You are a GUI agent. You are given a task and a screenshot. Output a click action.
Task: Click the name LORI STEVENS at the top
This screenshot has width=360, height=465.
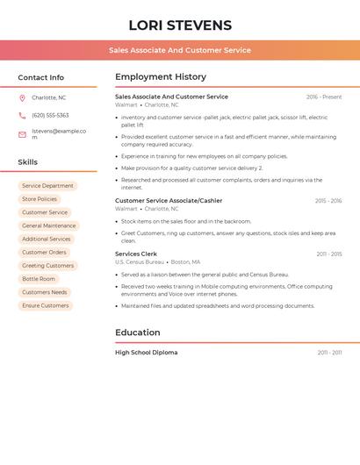pyautogui.click(x=180, y=25)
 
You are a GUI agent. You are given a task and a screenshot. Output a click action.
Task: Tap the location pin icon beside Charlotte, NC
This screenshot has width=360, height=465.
pyautogui.click(x=22, y=97)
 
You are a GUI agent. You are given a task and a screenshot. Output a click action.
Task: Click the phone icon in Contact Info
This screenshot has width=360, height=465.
pyautogui.click(x=22, y=115)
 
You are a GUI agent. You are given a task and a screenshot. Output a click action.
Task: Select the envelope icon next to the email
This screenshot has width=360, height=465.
pyautogui.click(x=22, y=134)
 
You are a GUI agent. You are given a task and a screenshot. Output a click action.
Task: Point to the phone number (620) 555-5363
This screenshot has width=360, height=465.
pyautogui.click(x=50, y=115)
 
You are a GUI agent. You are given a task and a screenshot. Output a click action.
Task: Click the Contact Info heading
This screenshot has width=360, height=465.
pyautogui.click(x=41, y=77)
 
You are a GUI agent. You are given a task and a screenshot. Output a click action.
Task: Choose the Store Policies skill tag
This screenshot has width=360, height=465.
pyautogui.click(x=40, y=199)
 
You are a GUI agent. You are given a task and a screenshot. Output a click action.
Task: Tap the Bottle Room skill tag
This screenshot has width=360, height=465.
pyautogui.click(x=39, y=279)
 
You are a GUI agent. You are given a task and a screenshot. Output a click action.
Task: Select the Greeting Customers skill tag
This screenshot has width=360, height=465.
pyautogui.click(x=47, y=266)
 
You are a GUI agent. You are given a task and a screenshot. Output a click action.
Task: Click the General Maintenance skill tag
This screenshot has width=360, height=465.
pyautogui.click(x=49, y=225)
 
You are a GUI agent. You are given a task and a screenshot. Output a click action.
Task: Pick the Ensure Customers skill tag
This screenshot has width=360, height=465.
pyautogui.click(x=46, y=305)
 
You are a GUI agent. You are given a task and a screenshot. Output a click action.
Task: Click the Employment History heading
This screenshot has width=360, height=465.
pyautogui.click(x=161, y=77)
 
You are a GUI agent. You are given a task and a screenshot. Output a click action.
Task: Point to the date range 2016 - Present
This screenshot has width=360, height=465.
pyautogui.click(x=324, y=97)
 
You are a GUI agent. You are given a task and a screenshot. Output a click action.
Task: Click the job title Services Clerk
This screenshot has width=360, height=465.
pyautogui.click(x=136, y=254)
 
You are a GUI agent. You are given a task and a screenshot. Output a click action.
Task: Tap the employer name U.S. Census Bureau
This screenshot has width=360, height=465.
pyautogui.click(x=140, y=262)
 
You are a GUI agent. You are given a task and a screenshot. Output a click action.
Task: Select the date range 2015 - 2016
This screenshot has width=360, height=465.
pyautogui.click(x=328, y=201)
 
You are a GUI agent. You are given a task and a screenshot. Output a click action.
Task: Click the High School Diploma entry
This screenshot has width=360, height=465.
pyautogui.click(x=147, y=353)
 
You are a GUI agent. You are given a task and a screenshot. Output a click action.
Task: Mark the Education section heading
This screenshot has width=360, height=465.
pyautogui.click(x=138, y=333)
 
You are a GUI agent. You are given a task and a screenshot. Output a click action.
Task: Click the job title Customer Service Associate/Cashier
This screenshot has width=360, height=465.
pyautogui.click(x=169, y=201)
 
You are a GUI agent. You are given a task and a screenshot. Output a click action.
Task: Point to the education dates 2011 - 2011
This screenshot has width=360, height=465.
pyautogui.click(x=329, y=353)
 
